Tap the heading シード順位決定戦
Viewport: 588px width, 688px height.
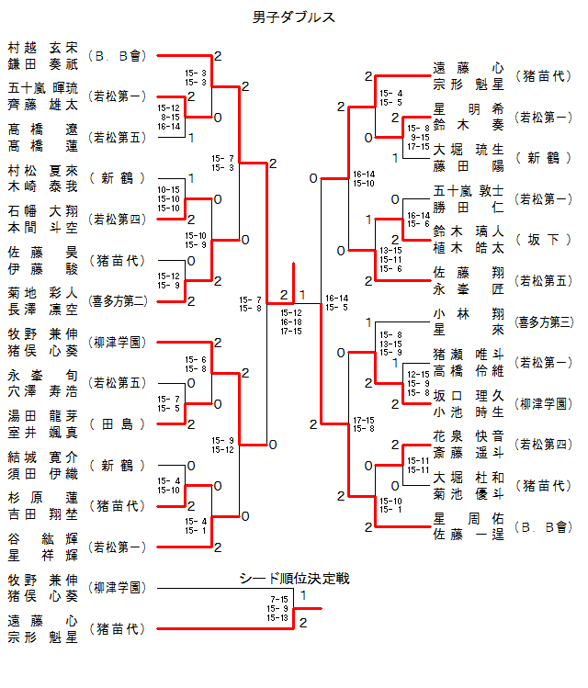tap(294, 579)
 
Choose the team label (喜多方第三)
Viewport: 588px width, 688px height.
tap(544, 321)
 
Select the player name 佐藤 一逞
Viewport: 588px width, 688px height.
tap(468, 534)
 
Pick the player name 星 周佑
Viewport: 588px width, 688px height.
tap(468, 519)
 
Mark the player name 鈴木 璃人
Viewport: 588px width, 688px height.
tap(468, 232)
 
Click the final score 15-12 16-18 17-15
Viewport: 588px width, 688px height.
tap(291, 321)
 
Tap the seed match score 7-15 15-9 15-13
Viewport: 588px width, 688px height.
tap(277, 608)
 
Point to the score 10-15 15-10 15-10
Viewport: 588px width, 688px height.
tap(169, 198)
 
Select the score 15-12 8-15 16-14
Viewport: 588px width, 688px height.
tap(169, 117)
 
